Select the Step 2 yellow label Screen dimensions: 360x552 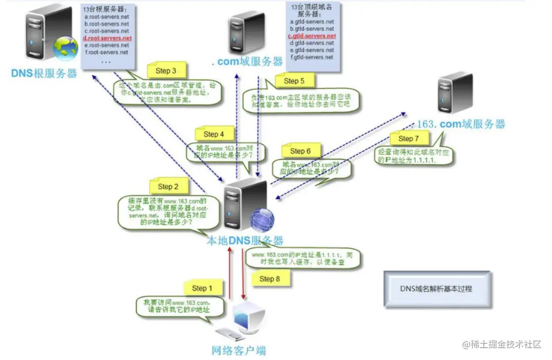tap(165, 187)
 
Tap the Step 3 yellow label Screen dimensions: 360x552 tap(165, 71)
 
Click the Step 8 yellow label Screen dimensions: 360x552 tap(270, 279)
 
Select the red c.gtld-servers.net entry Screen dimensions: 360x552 tap(312, 36)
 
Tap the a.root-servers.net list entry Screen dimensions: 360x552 tap(107, 17)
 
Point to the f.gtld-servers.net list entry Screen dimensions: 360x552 tap(312, 57)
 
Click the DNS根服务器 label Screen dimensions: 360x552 tap(44, 74)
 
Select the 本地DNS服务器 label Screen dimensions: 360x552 tap(245, 241)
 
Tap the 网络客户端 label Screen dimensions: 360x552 tap(238, 351)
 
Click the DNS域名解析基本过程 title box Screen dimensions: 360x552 tap(437, 289)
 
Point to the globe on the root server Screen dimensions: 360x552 tap(66, 47)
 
